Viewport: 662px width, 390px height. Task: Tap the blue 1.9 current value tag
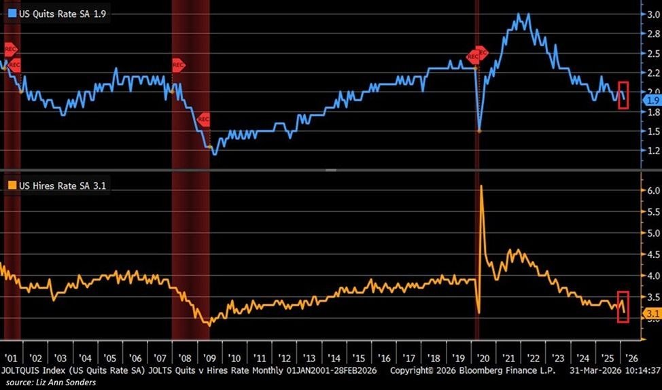click(650, 101)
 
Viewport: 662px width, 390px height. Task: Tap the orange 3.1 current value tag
click(650, 313)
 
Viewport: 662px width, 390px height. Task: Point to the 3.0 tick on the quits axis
click(650, 14)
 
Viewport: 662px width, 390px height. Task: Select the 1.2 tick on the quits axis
click(650, 150)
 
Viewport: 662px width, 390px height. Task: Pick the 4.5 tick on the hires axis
click(650, 254)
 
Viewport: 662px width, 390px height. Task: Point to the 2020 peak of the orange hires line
click(481, 185)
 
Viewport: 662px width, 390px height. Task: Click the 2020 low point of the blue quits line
click(479, 130)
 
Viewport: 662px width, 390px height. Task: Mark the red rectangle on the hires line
click(623, 306)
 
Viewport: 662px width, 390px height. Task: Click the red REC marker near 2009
click(203, 120)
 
